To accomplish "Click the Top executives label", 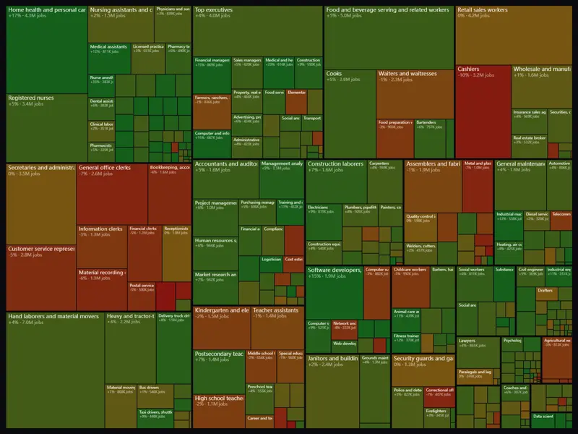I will click(214, 11).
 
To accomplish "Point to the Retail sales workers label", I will click(483, 11).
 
